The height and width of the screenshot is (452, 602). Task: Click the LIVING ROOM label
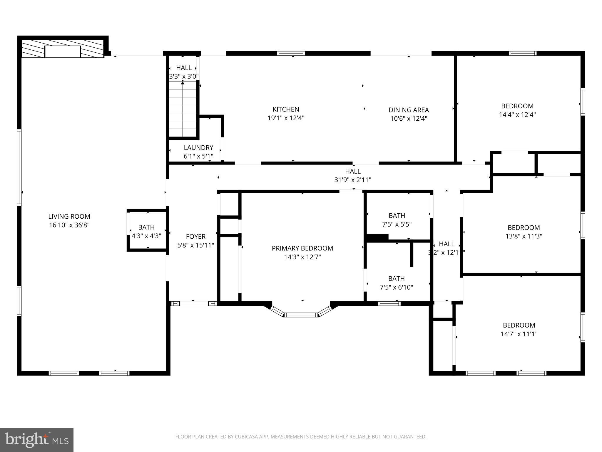[x=69, y=217]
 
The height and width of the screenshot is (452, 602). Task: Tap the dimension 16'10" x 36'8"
[x=69, y=225]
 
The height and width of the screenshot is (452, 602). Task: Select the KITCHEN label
[x=286, y=109]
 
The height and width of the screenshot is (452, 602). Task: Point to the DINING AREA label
[x=409, y=110]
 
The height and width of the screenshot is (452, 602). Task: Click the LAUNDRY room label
[x=198, y=148]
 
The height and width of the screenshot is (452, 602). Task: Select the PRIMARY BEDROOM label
[x=302, y=248]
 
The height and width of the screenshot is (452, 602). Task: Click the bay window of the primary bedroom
[x=302, y=315]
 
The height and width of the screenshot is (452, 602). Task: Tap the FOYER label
[x=195, y=237]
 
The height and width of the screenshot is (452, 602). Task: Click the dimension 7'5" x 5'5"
[x=397, y=224]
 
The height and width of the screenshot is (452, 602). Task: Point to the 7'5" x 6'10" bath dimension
[x=396, y=287]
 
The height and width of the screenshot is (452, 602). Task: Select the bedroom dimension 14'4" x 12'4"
[x=517, y=115]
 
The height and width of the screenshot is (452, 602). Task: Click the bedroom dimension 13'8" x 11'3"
[x=524, y=236]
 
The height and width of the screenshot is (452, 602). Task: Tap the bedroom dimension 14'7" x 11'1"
[x=519, y=334]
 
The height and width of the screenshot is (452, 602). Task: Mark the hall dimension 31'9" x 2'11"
[x=352, y=180]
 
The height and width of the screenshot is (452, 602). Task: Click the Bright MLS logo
[x=37, y=440]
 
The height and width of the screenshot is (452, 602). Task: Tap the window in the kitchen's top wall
[x=291, y=53]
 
